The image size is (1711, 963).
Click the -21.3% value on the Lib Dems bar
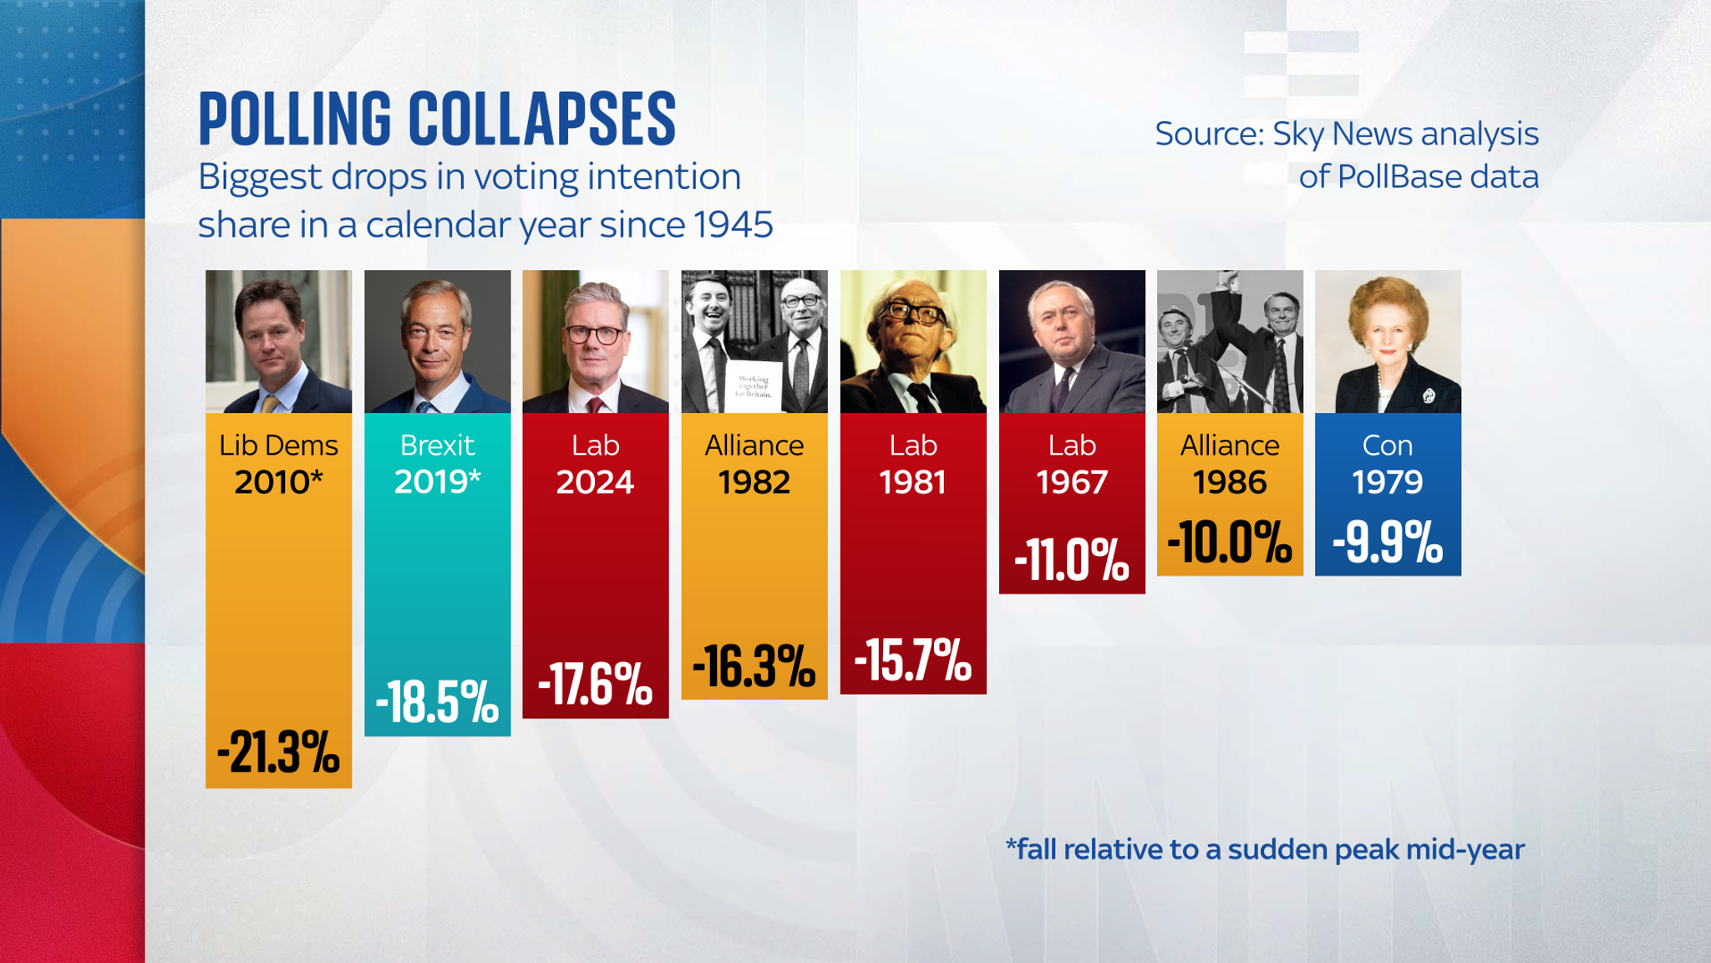click(278, 752)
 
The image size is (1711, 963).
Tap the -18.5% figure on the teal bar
click(437, 701)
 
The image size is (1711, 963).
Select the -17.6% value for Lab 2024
click(595, 685)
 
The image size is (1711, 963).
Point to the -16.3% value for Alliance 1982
click(754, 666)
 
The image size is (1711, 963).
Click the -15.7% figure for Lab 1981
click(912, 660)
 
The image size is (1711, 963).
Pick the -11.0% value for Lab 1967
click(1071, 559)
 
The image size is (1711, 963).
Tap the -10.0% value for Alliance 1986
click(1229, 542)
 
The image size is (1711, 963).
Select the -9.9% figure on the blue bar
click(1387, 542)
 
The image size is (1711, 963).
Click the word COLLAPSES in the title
click(542, 119)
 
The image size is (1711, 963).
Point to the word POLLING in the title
click(295, 119)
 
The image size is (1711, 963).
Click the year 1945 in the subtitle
click(733, 224)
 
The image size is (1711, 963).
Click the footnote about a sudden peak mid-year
click(1265, 849)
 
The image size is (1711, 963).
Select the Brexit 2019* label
click(437, 464)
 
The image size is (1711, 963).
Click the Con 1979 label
click(1387, 464)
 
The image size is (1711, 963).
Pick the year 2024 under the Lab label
click(595, 482)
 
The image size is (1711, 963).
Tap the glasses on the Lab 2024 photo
click(595, 335)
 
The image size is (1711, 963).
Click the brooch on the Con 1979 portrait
click(1428, 395)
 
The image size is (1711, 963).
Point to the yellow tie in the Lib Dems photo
click(270, 405)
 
